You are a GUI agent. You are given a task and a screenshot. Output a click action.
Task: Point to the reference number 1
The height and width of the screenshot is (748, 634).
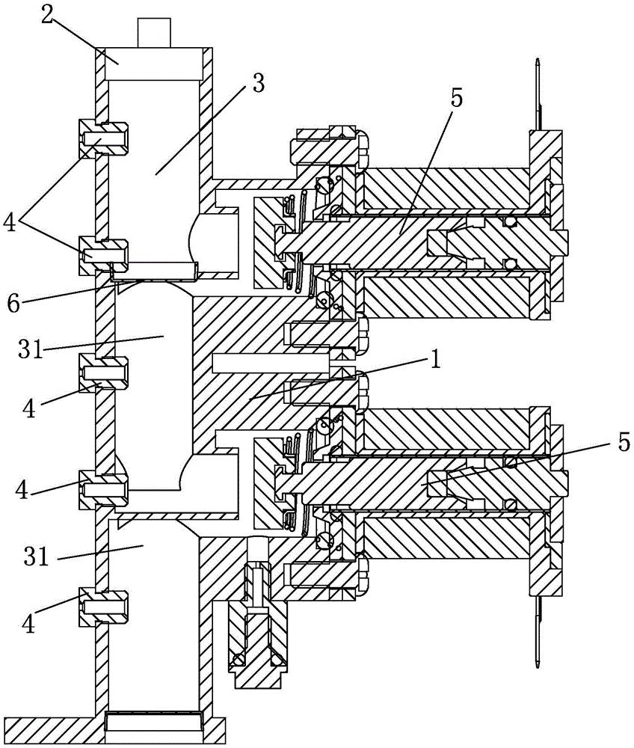tap(434, 361)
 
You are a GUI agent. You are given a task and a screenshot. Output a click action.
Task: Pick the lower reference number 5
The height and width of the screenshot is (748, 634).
tap(624, 443)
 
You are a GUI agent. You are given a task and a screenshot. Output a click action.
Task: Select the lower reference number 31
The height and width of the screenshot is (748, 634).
tap(37, 556)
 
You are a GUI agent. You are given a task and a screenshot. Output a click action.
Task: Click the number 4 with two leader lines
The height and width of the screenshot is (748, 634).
tap(10, 222)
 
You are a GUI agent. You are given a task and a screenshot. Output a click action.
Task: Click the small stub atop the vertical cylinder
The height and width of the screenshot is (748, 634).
tap(153, 32)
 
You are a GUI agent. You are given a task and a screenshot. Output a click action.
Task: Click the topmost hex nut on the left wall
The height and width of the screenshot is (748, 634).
tap(103, 139)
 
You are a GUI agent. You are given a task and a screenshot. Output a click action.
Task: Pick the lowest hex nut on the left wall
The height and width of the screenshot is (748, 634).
tap(103, 607)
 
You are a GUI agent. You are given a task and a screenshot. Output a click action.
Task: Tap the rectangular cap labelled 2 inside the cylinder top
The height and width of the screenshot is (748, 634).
tap(153, 64)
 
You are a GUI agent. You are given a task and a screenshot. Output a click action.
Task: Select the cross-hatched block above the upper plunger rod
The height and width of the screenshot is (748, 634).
tap(446, 189)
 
